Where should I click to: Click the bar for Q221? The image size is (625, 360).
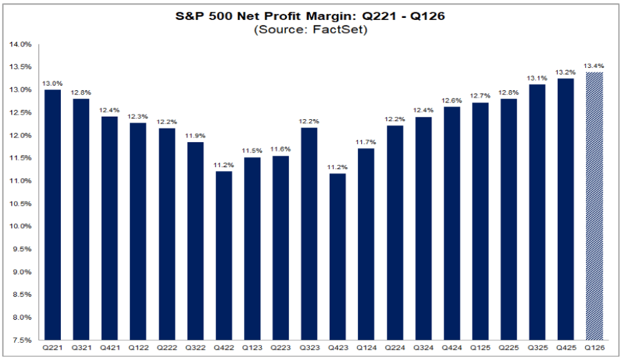52,215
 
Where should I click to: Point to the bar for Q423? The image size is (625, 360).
339,256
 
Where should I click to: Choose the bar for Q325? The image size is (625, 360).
537,212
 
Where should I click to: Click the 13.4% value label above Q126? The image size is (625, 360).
594,65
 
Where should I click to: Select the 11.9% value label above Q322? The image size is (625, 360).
195,135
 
